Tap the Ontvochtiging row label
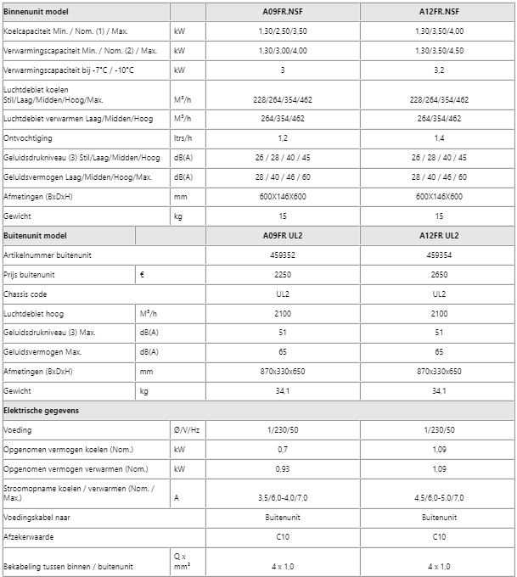pyautogui.click(x=28, y=137)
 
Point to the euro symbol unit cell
pyautogui.click(x=142, y=274)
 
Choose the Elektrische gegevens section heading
pyautogui.click(x=42, y=411)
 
